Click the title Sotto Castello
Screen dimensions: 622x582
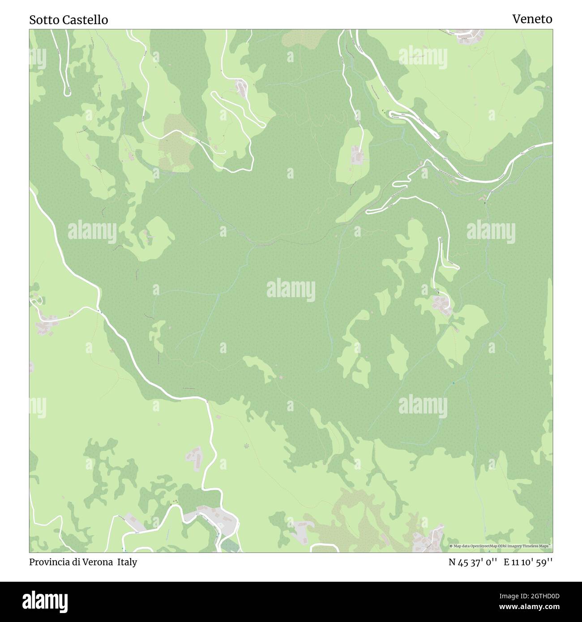click(x=68, y=20)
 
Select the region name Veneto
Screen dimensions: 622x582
click(x=532, y=19)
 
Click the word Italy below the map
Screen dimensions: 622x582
click(x=127, y=562)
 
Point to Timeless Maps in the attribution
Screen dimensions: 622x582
click(x=539, y=546)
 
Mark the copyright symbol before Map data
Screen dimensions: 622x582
click(x=451, y=546)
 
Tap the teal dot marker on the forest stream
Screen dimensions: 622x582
click(x=454, y=383)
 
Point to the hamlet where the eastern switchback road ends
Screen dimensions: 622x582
click(x=441, y=304)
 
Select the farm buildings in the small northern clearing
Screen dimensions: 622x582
click(x=357, y=155)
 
